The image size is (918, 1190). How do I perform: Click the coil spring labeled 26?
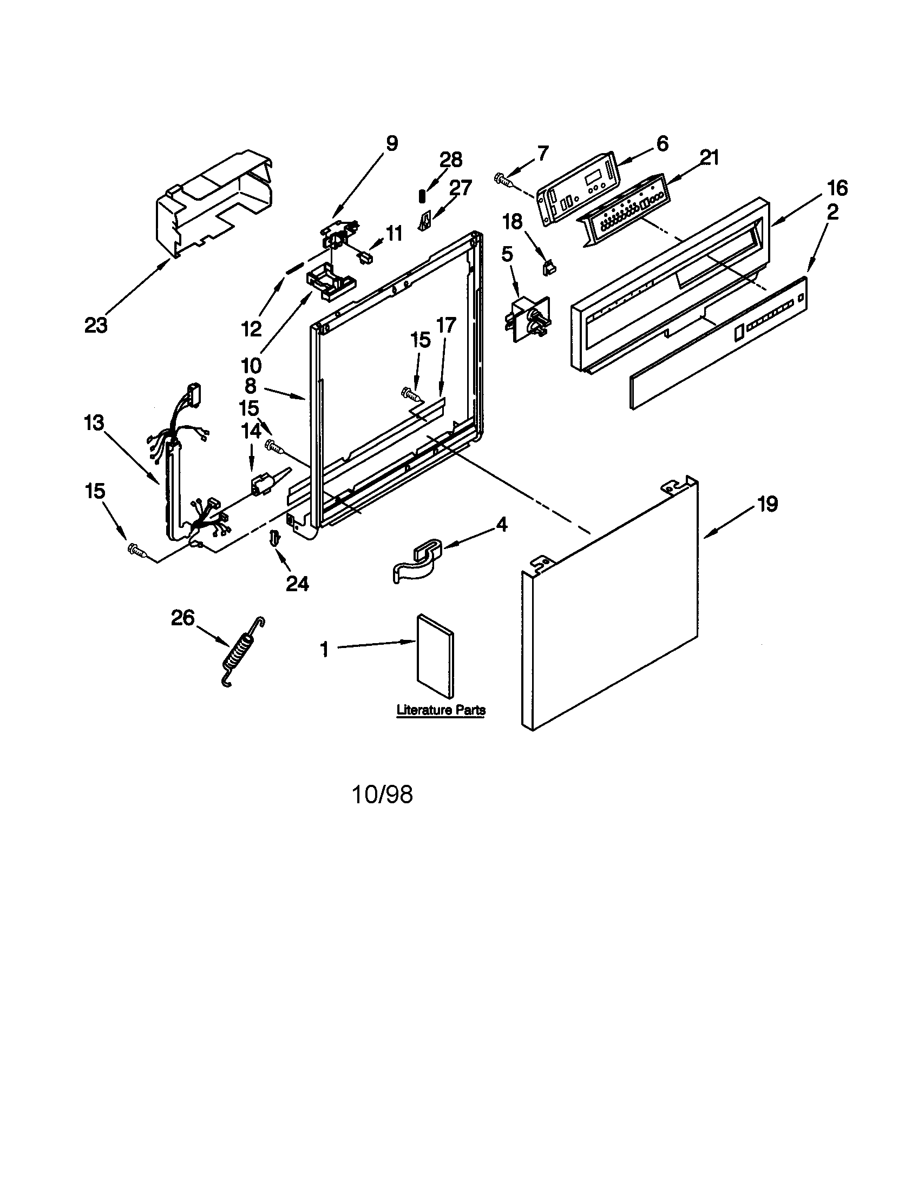(x=241, y=652)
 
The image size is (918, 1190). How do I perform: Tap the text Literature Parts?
(x=441, y=710)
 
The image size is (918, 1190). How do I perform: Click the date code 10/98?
(x=383, y=795)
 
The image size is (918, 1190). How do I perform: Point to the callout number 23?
(x=96, y=325)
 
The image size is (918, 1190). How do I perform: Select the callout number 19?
(x=768, y=504)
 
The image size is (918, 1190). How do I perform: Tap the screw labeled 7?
(x=504, y=180)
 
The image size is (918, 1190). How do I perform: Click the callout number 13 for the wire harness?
(x=94, y=422)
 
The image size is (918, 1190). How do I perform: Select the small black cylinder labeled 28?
(x=422, y=196)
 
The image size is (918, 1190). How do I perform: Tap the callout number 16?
(x=837, y=188)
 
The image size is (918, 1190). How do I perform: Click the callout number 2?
(x=832, y=213)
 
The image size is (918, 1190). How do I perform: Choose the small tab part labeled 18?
(x=549, y=267)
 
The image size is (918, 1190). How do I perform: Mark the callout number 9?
(x=392, y=143)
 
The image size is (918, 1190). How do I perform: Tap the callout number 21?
(x=709, y=158)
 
